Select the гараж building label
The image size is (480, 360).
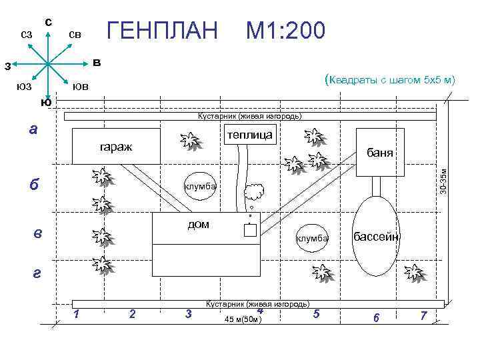(x=116, y=145)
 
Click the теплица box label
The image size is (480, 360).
(x=249, y=135)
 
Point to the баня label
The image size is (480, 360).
(x=381, y=153)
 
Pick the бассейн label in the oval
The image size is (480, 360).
(x=376, y=237)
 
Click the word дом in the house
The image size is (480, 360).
(x=198, y=225)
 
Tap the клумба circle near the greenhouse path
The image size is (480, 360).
(x=200, y=186)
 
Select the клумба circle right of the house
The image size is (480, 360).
(x=312, y=238)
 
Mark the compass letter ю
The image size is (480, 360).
(x=45, y=102)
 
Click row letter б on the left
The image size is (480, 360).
(x=34, y=185)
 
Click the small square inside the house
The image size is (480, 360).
(x=250, y=231)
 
